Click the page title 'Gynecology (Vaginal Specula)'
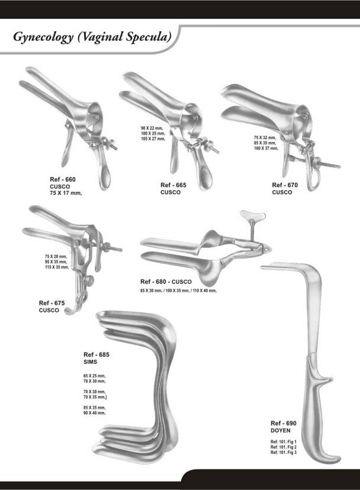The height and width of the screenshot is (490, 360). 92,37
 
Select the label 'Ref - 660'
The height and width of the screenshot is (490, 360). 63,179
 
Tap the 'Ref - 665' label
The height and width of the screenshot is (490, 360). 173,185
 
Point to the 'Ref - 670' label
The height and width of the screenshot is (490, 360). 285,185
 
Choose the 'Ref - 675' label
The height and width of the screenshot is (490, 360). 52,303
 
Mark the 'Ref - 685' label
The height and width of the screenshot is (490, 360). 97,354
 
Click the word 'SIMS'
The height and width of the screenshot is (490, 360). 91,361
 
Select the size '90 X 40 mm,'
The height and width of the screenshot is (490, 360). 94,412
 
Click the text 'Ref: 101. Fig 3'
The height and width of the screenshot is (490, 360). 284,452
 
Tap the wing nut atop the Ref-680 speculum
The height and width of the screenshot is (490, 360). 249,215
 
